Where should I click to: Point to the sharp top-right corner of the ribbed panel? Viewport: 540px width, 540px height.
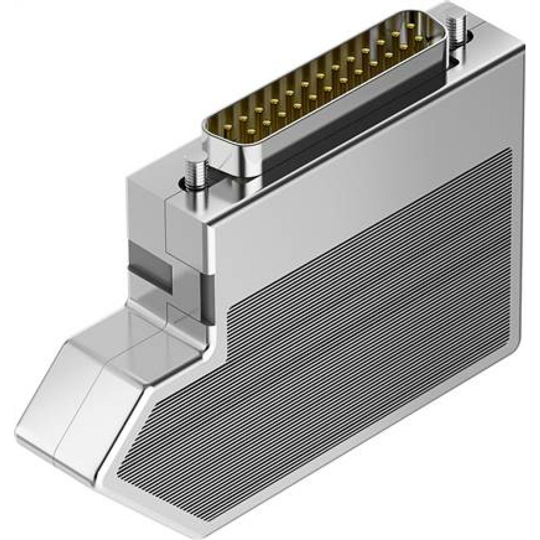tap(510, 148)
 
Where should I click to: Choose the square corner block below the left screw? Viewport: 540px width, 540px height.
tap(184, 227)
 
